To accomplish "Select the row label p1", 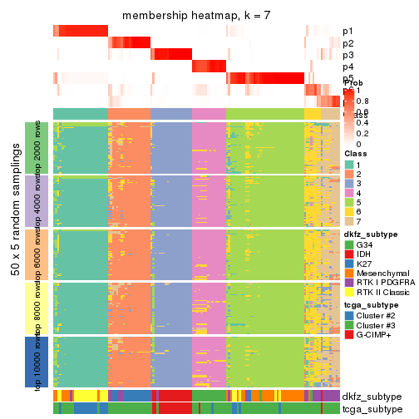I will tap(347, 32).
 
